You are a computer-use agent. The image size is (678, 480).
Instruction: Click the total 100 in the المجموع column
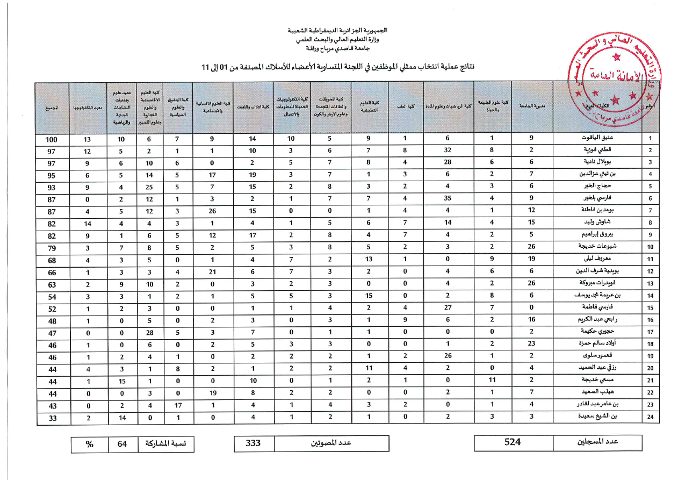tap(52, 139)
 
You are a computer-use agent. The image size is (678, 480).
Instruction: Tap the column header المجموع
tap(52, 108)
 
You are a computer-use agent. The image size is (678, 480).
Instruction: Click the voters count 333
tap(254, 443)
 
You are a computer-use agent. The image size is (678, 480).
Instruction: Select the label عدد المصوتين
tap(331, 443)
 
